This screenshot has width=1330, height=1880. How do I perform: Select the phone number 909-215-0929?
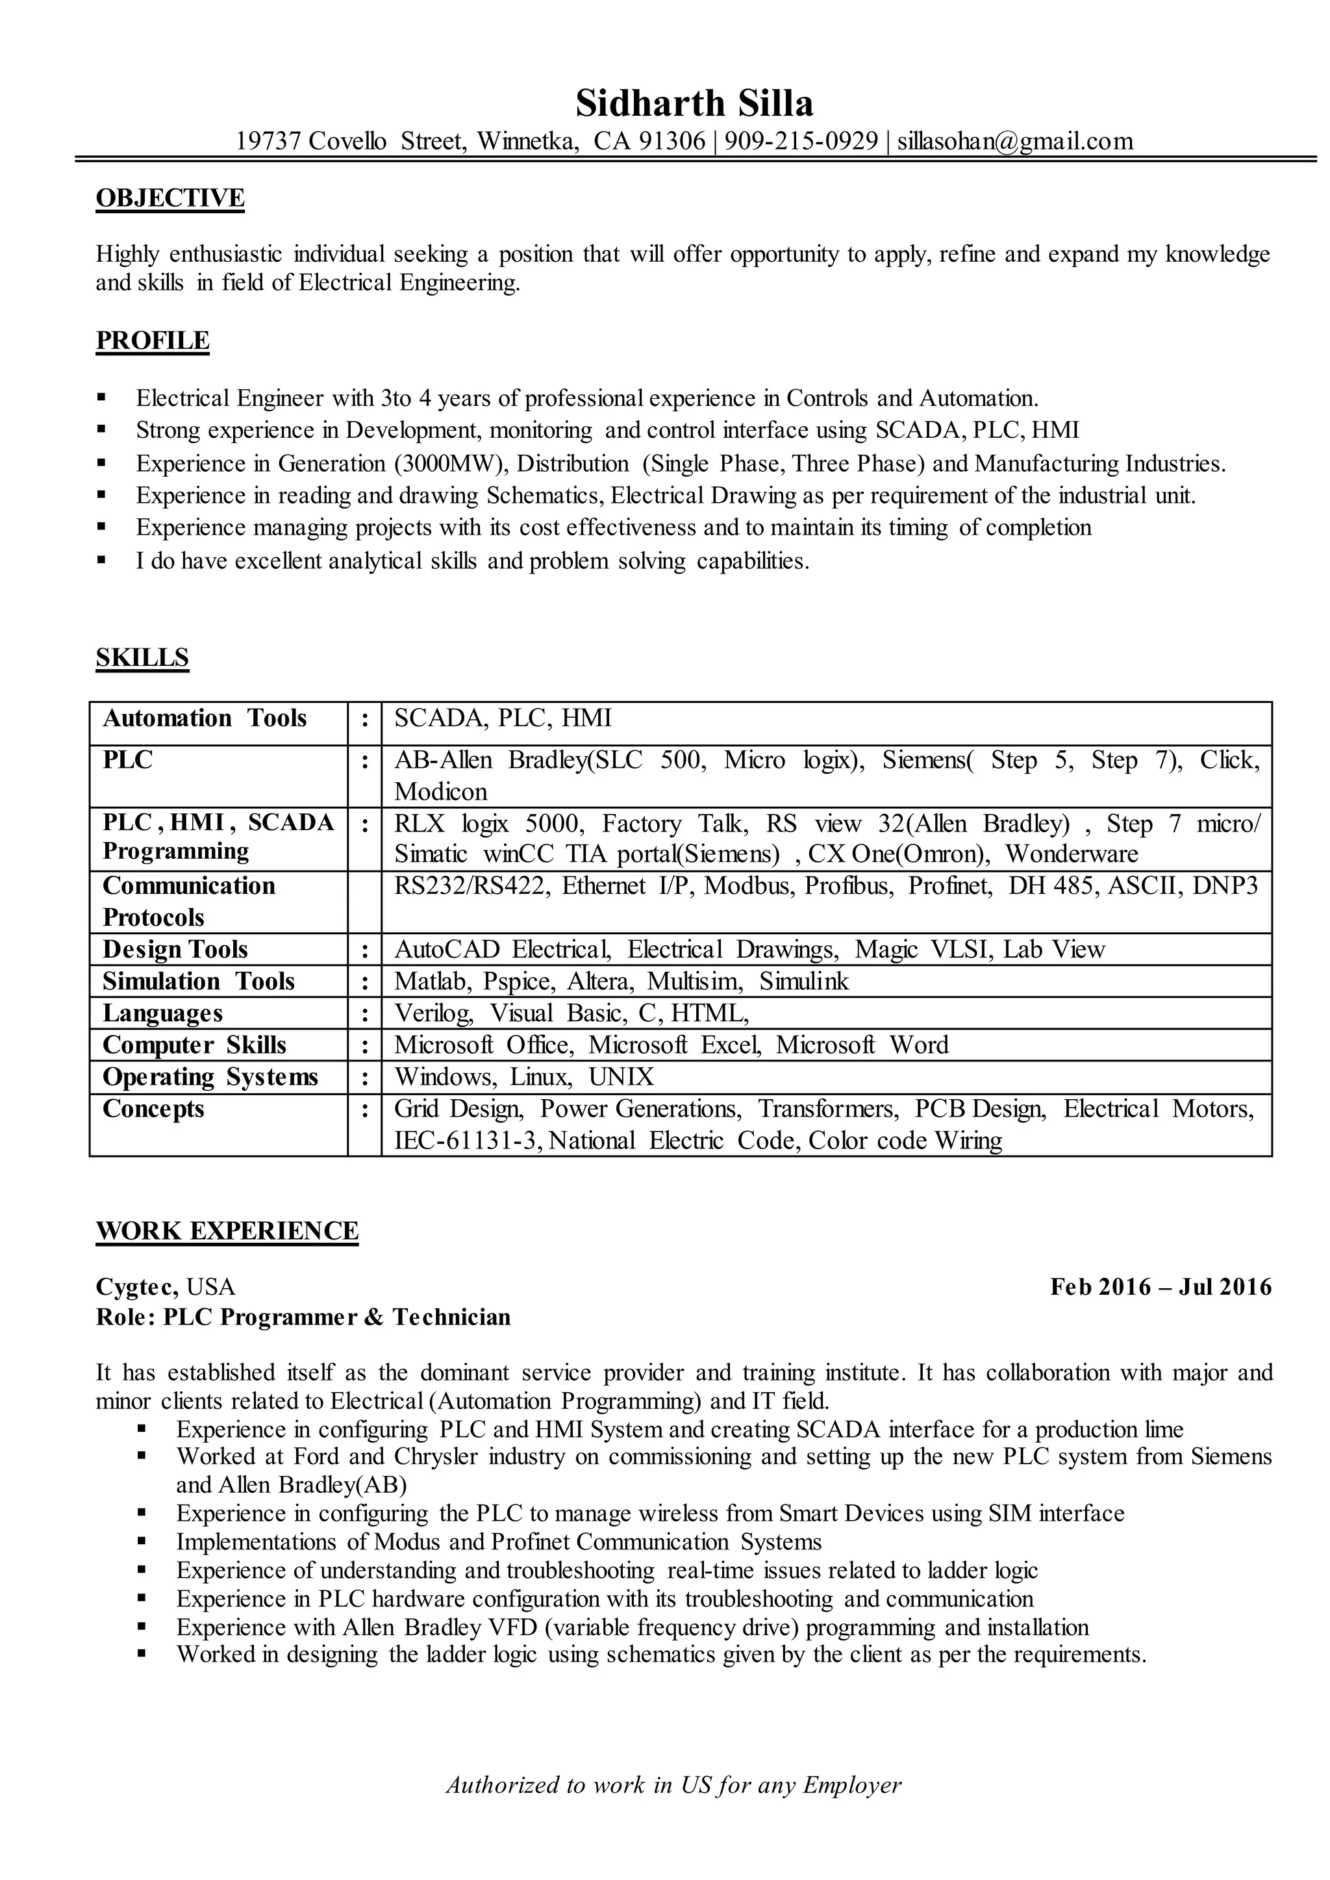801,141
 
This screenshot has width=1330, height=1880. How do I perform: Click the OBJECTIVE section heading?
170,198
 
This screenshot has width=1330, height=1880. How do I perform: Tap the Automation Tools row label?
205,718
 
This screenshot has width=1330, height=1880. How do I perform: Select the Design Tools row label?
175,950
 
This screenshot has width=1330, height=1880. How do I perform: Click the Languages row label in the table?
162,1013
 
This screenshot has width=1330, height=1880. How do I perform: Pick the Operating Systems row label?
210,1076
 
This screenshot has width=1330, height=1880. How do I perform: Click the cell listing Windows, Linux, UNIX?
524,1076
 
